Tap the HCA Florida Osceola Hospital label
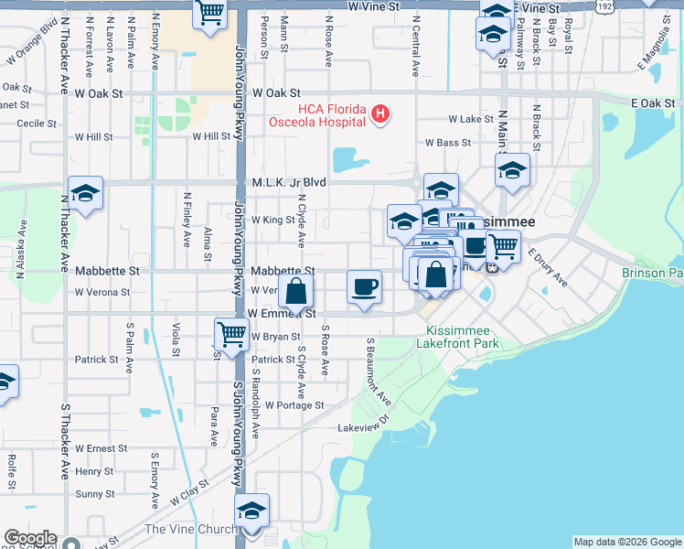[316, 114]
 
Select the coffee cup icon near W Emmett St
[364, 287]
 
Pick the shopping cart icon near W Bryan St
[231, 334]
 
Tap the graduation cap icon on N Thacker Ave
[85, 193]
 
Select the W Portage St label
[289, 404]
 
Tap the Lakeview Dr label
[364, 427]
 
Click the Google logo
[29, 539]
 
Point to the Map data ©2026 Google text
[627, 542]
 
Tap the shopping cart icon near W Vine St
[209, 14]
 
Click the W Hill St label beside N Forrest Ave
[93, 136]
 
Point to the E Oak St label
[651, 103]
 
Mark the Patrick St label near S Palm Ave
[97, 360]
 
